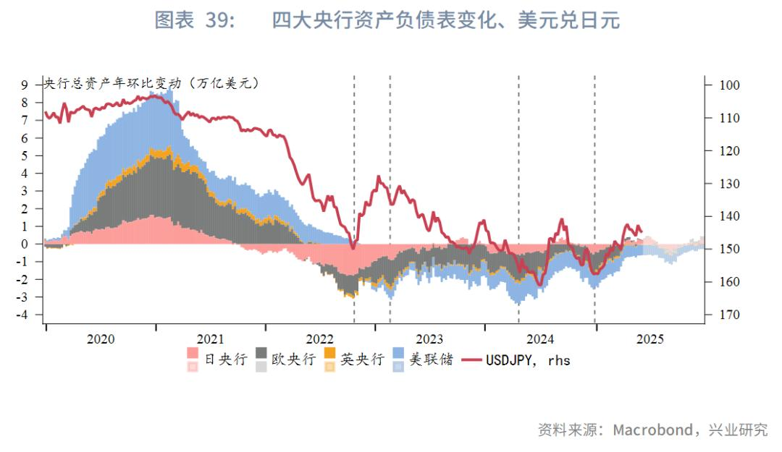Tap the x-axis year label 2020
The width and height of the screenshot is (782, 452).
(101, 338)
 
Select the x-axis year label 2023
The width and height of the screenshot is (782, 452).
(429, 338)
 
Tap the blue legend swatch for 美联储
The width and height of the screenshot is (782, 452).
(398, 354)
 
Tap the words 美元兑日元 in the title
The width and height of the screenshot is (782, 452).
(569, 21)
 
